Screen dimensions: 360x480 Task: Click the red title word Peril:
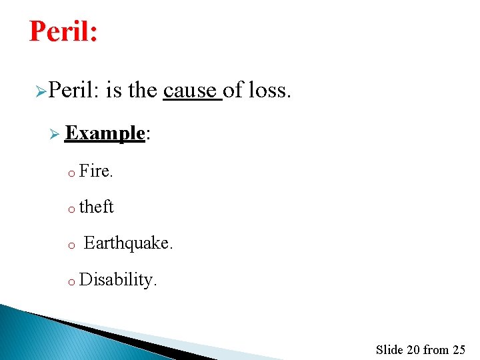tap(63, 31)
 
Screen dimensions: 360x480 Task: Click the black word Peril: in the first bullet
tap(74, 90)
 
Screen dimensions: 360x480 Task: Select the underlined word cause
tap(191, 90)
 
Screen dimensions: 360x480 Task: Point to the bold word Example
tap(105, 133)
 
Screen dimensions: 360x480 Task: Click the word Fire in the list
tap(95, 171)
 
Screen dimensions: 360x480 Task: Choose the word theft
tap(97, 207)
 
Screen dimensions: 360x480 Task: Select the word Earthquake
tap(127, 243)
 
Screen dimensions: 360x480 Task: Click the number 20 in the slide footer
tap(413, 349)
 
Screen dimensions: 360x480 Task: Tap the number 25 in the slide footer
tap(458, 349)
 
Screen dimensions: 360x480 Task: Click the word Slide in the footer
tap(389, 349)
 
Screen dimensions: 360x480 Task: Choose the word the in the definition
tap(142, 90)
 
